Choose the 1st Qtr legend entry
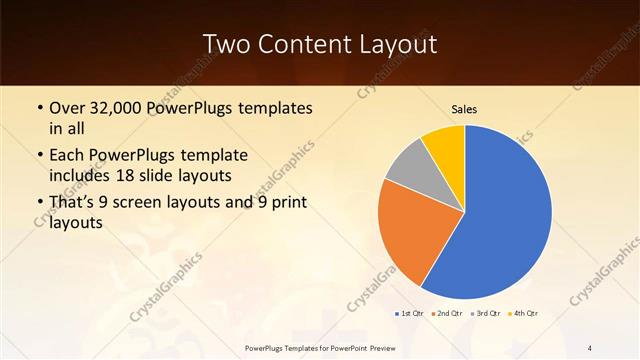pos(409,314)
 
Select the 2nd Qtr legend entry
pos(446,314)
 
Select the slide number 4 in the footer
pos(590,347)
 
